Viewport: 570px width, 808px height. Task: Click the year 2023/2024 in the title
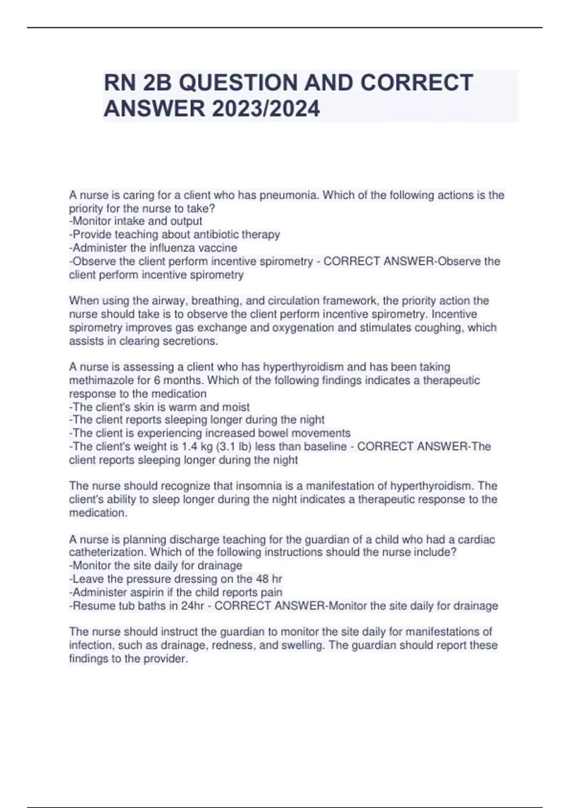[266, 109]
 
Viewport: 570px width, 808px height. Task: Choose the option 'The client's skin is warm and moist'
[160, 407]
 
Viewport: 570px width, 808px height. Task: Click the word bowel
[273, 433]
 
